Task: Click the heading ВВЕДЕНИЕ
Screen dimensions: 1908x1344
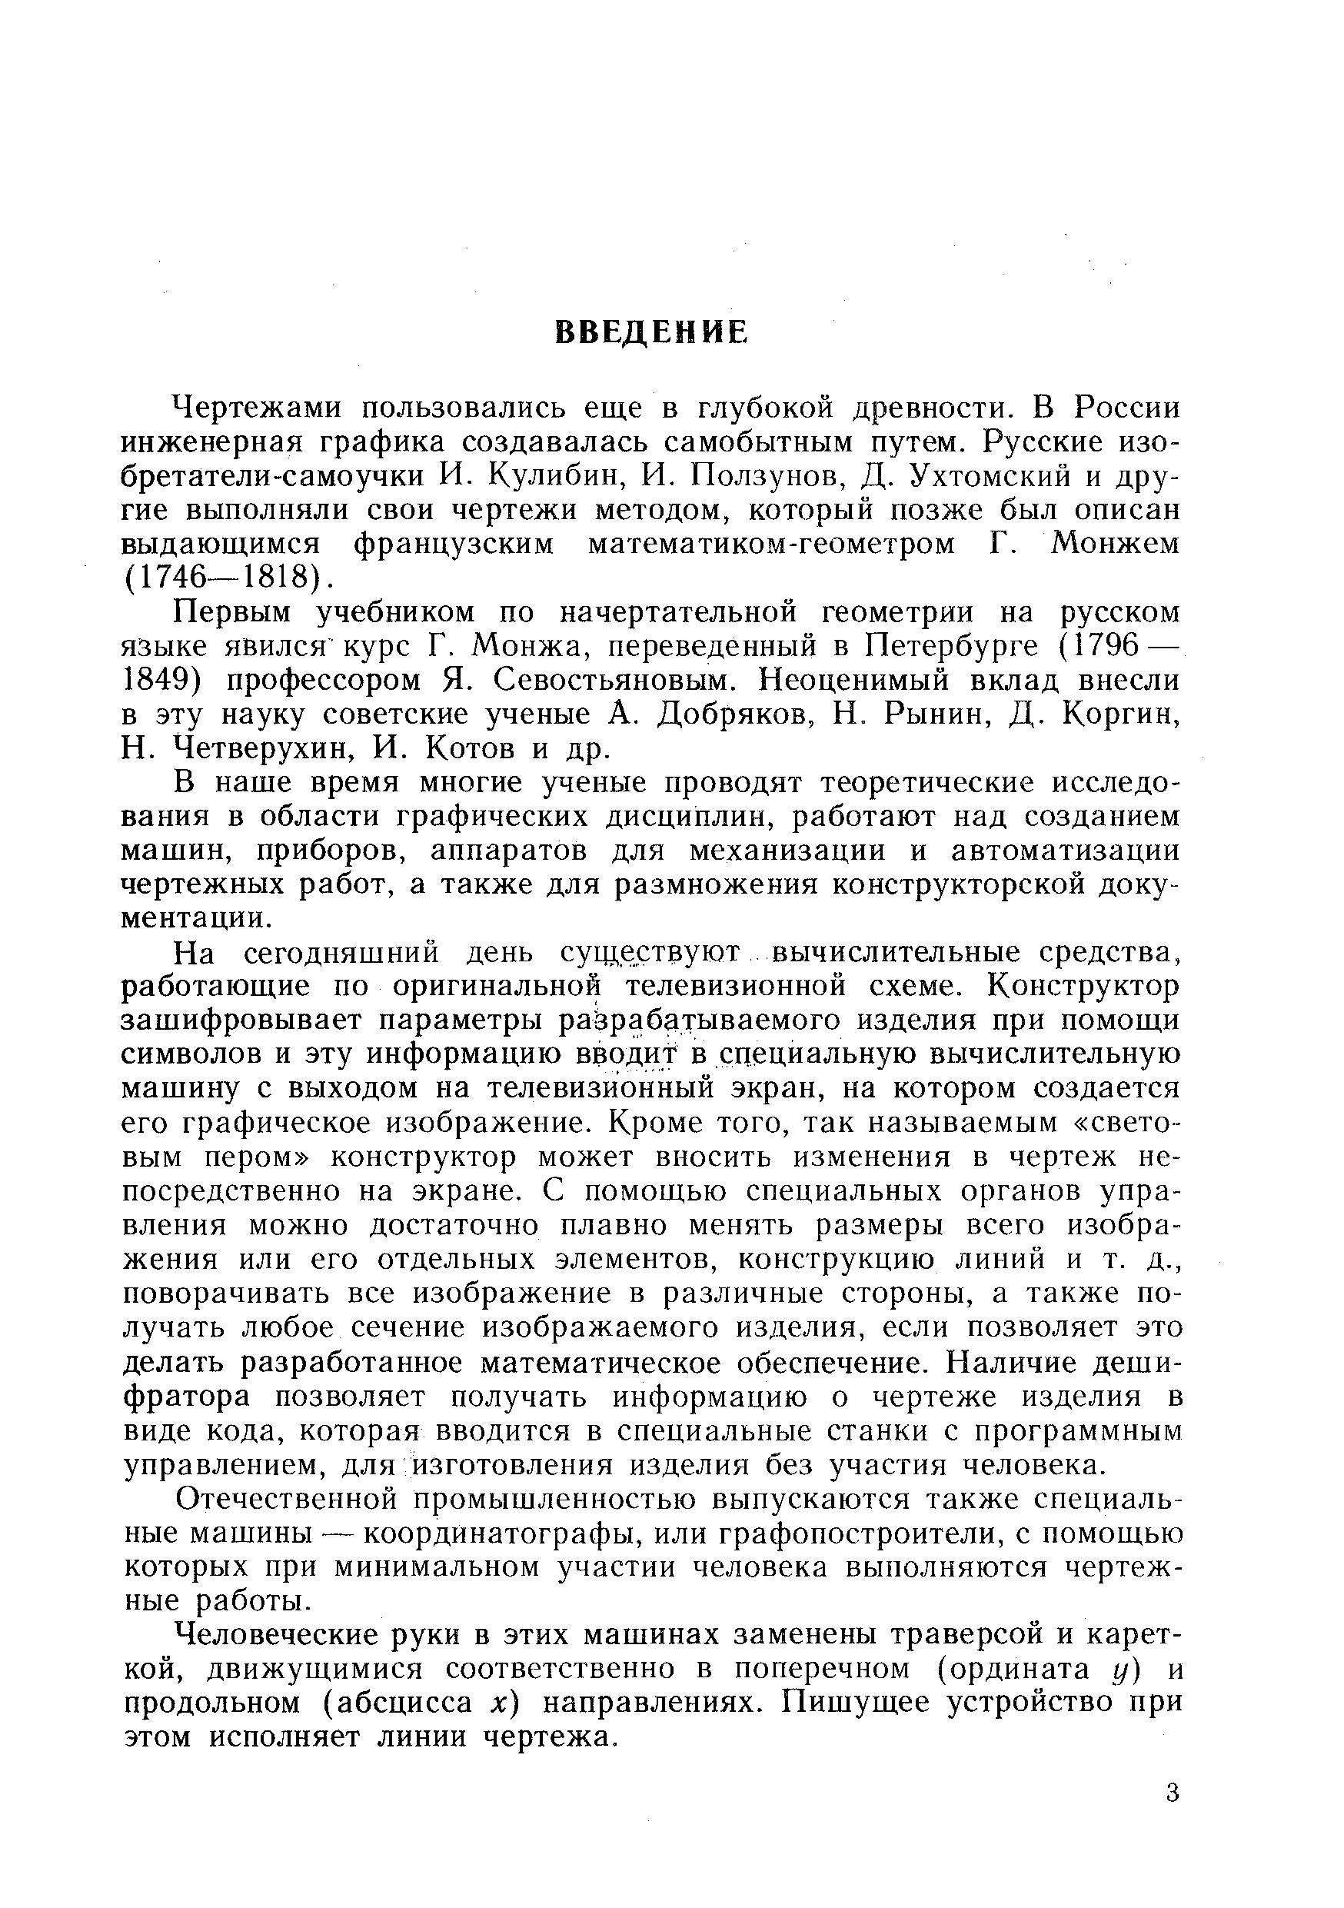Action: coord(650,332)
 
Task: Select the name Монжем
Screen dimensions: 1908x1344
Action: coord(1115,544)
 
